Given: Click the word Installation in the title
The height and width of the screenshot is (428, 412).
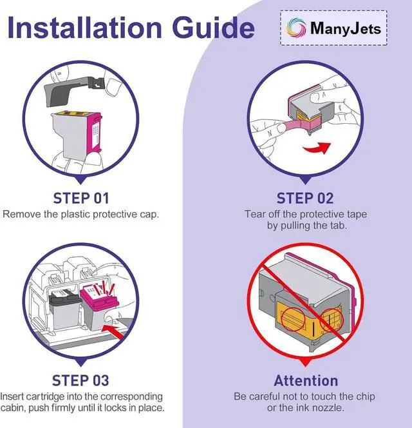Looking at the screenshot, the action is (x=84, y=28).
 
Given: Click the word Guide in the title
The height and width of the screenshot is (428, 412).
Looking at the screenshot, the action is (x=214, y=28).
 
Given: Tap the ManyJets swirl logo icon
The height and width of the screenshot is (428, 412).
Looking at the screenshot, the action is (x=296, y=28).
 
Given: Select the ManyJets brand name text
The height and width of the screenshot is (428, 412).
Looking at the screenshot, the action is (x=346, y=28).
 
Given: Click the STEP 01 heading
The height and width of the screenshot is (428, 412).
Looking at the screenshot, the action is (x=81, y=199).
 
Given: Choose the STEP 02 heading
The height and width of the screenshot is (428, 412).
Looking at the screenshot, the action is (x=305, y=199).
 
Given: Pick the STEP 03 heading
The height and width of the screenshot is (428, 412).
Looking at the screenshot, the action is (x=80, y=380).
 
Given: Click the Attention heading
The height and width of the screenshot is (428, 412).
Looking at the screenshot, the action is (x=306, y=380).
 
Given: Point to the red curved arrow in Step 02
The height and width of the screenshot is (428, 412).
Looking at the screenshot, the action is (x=317, y=148).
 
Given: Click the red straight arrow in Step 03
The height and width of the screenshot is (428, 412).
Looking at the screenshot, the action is (x=115, y=331).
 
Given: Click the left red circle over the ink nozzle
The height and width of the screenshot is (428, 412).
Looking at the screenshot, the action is (x=293, y=319).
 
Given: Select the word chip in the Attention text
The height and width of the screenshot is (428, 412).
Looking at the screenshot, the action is (x=365, y=396).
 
